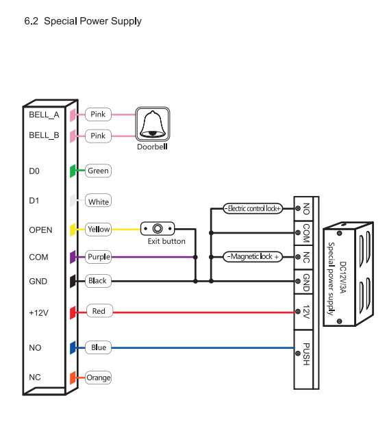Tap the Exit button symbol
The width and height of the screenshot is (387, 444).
coord(158,229)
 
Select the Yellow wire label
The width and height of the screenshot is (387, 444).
coord(99,230)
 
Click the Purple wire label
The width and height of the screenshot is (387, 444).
coord(99,257)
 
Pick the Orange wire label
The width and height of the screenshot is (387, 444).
coord(98,378)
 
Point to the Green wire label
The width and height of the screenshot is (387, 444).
coord(98,171)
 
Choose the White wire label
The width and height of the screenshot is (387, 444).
coord(98,201)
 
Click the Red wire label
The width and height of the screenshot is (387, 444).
coord(99,311)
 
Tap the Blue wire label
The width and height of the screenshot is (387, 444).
coord(99,347)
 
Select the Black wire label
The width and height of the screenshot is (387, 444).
coord(98,281)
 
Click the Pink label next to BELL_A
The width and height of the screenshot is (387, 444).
coord(98,114)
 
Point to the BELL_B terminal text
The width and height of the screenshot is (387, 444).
coord(44,136)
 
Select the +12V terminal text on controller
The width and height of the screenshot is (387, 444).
coord(38,312)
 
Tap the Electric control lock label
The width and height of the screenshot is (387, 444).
coord(253,208)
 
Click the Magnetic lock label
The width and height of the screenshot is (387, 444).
coord(253,257)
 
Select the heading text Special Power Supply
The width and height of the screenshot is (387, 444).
coord(83,21)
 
